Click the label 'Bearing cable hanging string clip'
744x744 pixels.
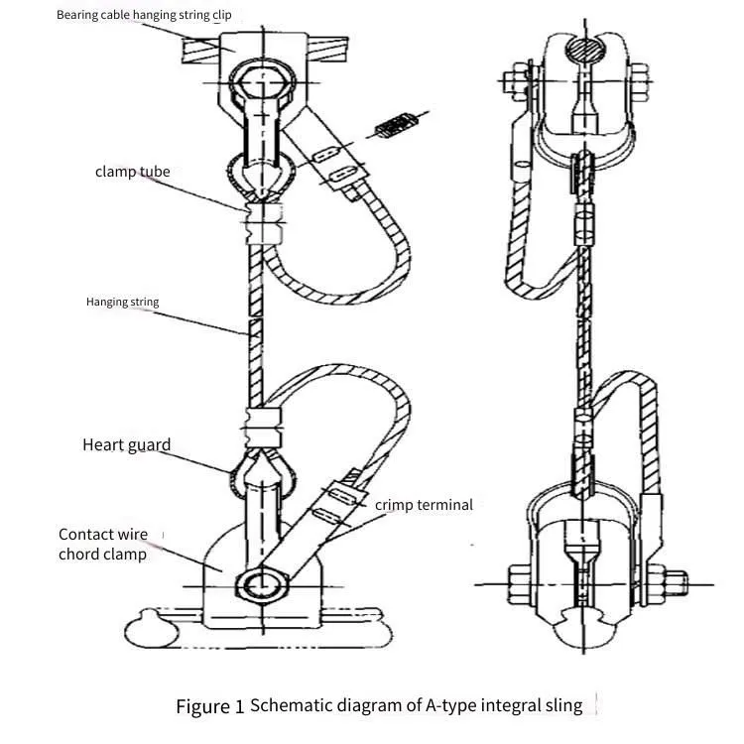[144, 15]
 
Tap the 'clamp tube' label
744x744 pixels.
[132, 172]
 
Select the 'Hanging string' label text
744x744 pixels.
[122, 302]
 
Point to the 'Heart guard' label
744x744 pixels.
[126, 444]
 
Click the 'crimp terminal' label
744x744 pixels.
[424, 505]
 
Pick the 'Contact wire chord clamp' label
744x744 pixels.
[103, 545]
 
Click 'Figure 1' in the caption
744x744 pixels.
[209, 706]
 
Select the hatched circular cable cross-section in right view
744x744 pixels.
[586, 50]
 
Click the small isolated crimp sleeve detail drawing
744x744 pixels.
[395, 125]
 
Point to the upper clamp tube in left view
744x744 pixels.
[264, 222]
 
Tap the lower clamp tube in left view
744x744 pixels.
[263, 428]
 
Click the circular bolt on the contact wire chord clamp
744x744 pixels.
[262, 583]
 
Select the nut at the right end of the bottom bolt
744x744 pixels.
[676, 583]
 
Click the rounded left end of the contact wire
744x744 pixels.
[151, 630]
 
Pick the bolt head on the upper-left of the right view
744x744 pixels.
[516, 85]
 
